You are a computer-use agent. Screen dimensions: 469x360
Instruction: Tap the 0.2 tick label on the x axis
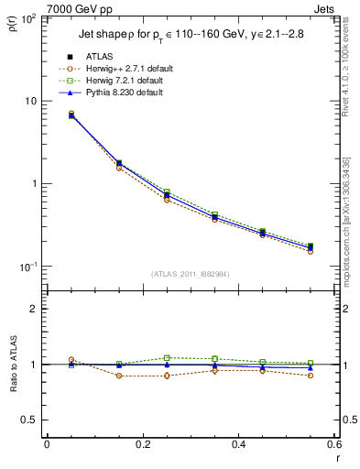click(142, 444)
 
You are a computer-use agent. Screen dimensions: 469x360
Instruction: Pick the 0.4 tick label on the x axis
click(238, 444)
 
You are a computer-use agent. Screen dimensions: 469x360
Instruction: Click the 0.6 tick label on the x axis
click(333, 444)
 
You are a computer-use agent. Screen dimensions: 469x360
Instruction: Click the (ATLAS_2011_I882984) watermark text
click(191, 274)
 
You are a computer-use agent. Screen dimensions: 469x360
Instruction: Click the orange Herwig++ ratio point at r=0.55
click(311, 376)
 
